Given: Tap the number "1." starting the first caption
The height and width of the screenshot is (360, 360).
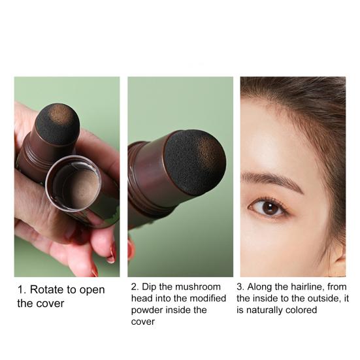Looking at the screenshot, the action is click(22, 289).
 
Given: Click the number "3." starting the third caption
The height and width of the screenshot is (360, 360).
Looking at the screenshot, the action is click(240, 287).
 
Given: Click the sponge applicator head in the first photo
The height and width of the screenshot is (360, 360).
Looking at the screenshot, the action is click(58, 122).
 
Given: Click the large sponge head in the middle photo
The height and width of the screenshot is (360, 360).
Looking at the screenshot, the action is click(195, 162).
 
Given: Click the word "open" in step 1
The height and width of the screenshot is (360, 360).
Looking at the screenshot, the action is click(92, 290).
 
